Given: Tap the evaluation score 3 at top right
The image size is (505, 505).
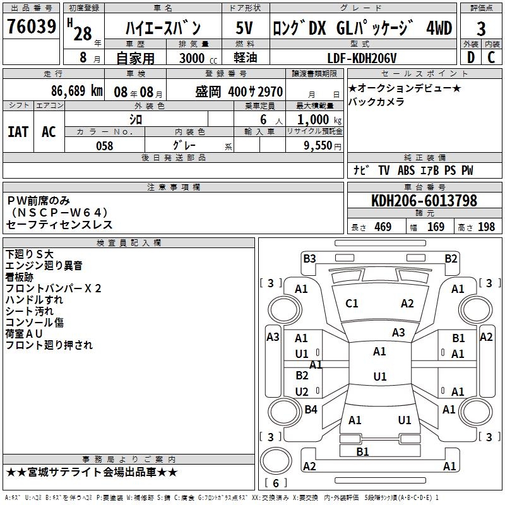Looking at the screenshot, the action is (481, 29).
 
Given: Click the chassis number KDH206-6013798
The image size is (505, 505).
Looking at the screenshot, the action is (424, 201).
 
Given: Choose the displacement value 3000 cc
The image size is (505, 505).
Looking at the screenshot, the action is (189, 58).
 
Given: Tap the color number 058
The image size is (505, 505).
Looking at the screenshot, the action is (104, 146).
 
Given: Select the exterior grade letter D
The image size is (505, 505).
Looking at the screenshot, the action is (470, 57).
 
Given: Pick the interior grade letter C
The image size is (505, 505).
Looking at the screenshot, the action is (492, 57).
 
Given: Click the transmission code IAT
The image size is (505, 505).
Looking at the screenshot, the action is (18, 132).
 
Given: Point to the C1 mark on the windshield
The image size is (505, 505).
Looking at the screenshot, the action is (352, 304).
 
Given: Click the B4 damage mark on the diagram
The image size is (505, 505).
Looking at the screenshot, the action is (311, 410).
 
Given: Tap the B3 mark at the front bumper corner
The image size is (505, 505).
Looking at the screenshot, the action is (309, 258).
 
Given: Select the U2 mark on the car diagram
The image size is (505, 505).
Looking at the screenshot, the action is (302, 392).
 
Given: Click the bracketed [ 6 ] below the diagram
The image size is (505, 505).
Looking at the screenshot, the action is (276, 483).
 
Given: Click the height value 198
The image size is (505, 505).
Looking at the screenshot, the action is (487, 227).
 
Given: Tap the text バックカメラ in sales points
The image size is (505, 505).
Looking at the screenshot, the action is (376, 102).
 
